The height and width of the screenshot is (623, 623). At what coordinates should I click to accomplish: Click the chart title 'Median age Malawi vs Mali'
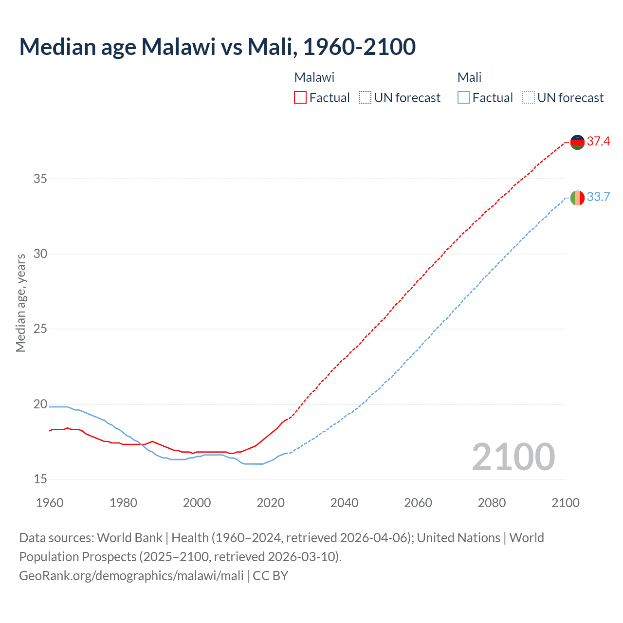(217, 47)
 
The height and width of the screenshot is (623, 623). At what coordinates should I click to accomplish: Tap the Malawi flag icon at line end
(577, 142)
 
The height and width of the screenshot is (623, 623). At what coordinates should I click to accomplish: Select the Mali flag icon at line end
(577, 198)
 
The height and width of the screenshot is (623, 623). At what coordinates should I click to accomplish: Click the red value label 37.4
(598, 142)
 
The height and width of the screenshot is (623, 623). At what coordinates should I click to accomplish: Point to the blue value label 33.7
(598, 197)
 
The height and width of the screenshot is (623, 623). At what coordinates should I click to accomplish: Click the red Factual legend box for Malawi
(300, 98)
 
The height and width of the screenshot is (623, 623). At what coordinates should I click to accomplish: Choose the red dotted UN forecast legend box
(365, 98)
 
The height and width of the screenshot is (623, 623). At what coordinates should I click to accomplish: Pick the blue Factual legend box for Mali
(463, 98)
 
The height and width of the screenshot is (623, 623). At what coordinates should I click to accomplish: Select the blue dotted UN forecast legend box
(528, 98)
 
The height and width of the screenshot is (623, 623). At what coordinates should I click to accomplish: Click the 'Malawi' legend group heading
(314, 77)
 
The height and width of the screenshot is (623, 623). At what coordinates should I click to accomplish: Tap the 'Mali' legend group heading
(469, 77)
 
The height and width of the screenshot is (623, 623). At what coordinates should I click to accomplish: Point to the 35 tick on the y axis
(40, 179)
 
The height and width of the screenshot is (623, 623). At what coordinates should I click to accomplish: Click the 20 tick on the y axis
(40, 404)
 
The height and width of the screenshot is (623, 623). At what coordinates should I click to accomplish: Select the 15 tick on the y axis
(40, 479)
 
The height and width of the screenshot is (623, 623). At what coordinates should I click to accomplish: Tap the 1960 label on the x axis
(50, 503)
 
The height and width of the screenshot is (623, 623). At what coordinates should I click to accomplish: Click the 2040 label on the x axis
(344, 503)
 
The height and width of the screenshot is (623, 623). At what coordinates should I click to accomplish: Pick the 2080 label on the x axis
(492, 503)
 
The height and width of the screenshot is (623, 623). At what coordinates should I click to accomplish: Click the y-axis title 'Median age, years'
(20, 303)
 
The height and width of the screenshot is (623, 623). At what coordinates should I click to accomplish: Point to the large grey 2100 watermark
(513, 457)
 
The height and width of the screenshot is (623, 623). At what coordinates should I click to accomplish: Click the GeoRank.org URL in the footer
(131, 576)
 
